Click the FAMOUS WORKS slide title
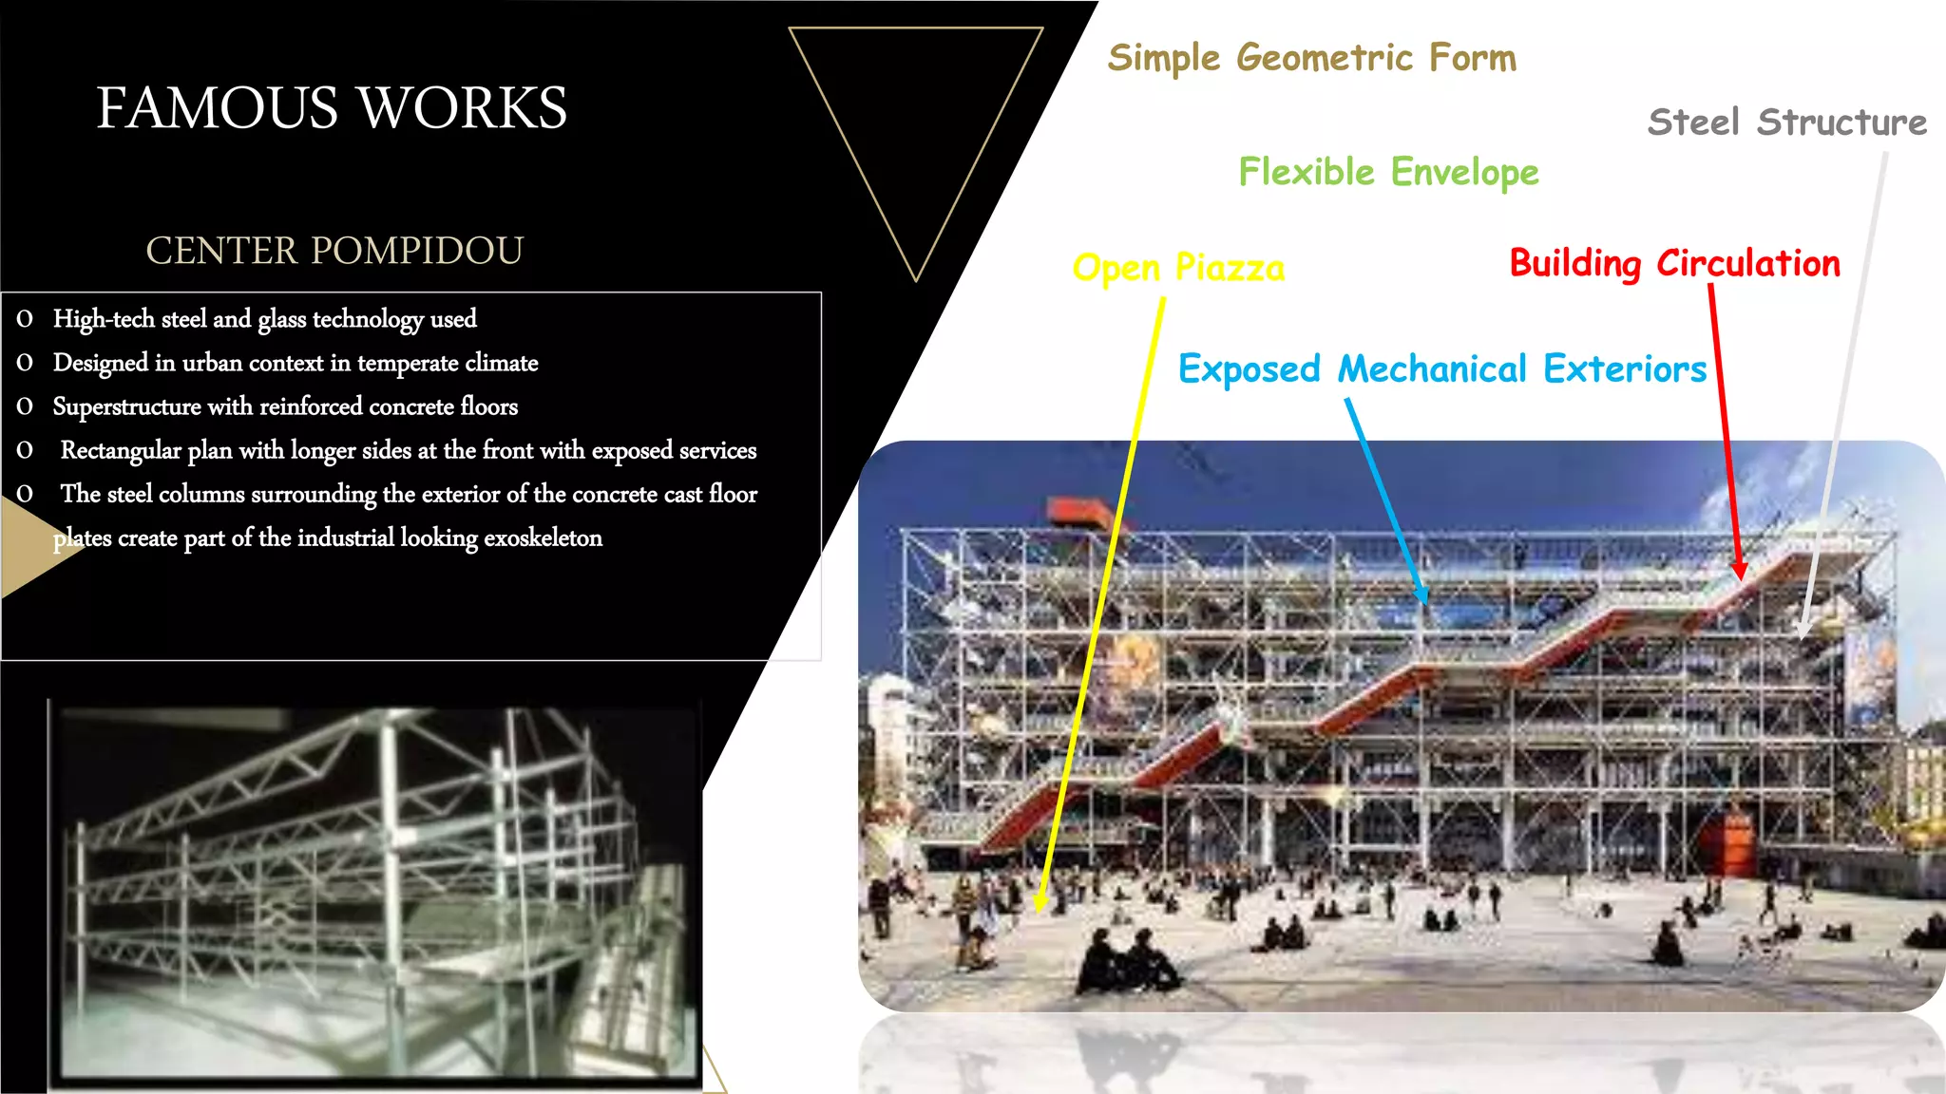(332, 107)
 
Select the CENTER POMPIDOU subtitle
(334, 251)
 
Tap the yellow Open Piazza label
(1178, 268)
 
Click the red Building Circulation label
(1674, 263)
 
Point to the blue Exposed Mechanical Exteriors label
(1442, 368)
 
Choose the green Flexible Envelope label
(1388, 172)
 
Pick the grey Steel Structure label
(1786, 123)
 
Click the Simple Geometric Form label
(1311, 58)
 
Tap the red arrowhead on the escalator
(1739, 569)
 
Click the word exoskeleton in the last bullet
(543, 538)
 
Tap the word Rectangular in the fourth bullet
(121, 450)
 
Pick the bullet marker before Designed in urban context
(25, 363)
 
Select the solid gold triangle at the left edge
(33, 548)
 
